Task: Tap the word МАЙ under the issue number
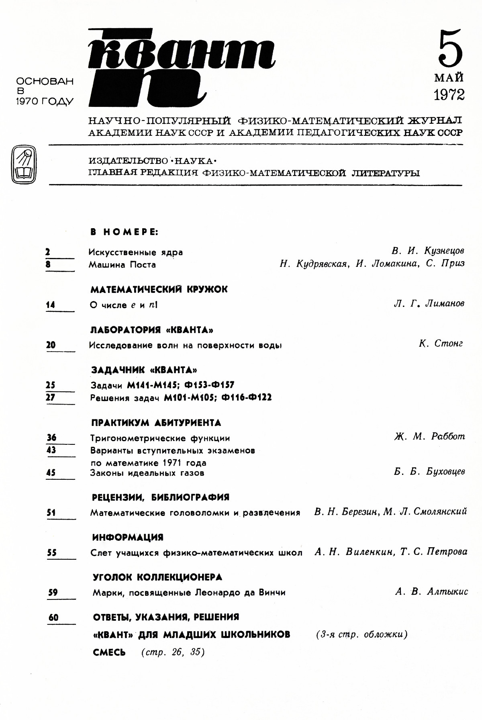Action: (x=449, y=77)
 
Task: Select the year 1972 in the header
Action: (x=449, y=95)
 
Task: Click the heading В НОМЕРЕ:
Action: (x=125, y=232)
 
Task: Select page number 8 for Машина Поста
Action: (x=48, y=264)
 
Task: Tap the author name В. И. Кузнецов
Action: (x=428, y=251)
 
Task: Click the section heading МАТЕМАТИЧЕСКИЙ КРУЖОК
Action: (x=159, y=289)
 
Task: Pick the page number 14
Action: (x=50, y=305)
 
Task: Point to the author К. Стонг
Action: (x=441, y=344)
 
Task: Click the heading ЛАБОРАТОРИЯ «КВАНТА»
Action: (x=152, y=330)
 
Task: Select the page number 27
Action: (x=50, y=397)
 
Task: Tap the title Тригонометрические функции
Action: (x=160, y=438)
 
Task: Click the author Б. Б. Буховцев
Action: (x=429, y=472)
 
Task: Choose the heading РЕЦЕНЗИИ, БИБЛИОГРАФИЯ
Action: (x=161, y=497)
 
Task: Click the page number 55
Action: (x=51, y=553)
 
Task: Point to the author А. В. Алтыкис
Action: (x=431, y=591)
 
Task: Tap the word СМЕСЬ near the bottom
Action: (x=109, y=652)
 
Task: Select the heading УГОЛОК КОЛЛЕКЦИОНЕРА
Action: (x=157, y=577)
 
